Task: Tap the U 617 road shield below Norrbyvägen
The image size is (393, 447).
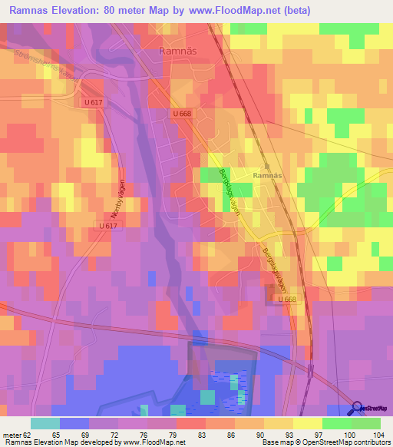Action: pyautogui.click(x=108, y=225)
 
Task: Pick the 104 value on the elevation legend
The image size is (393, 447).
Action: pyautogui.click(x=374, y=434)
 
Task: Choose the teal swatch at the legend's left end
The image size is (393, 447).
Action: pyautogui.click(x=45, y=423)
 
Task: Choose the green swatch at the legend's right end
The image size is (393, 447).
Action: pyautogui.click(x=366, y=423)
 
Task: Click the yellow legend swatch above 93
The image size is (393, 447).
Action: pyautogui.click(x=279, y=423)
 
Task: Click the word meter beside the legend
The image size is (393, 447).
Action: pyautogui.click(x=12, y=434)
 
